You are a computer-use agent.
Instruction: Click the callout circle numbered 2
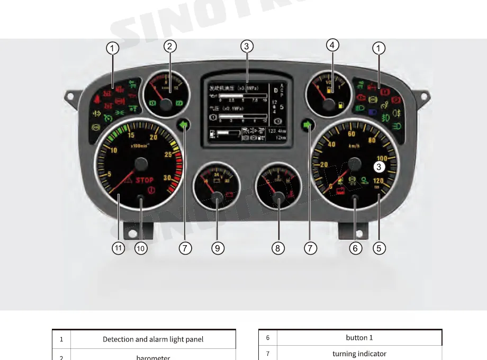169,46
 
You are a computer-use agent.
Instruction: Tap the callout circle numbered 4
332,45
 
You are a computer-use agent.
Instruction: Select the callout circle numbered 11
119,247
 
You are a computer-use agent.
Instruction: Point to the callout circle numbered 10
141,247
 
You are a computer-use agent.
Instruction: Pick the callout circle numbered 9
218,247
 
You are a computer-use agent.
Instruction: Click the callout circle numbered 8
278,247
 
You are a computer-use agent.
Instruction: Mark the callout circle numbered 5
379,247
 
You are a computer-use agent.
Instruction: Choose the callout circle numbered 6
356,247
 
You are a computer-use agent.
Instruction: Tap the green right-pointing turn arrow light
308,125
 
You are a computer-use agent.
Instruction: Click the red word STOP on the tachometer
145,180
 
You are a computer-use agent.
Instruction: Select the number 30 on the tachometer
167,178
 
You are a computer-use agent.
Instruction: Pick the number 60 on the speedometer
351,134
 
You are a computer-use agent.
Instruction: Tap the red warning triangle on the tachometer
128,182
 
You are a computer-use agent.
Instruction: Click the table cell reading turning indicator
359,354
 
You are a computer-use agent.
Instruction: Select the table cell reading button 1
359,338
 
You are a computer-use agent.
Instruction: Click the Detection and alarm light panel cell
153,339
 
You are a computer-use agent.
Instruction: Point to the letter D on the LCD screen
275,91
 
